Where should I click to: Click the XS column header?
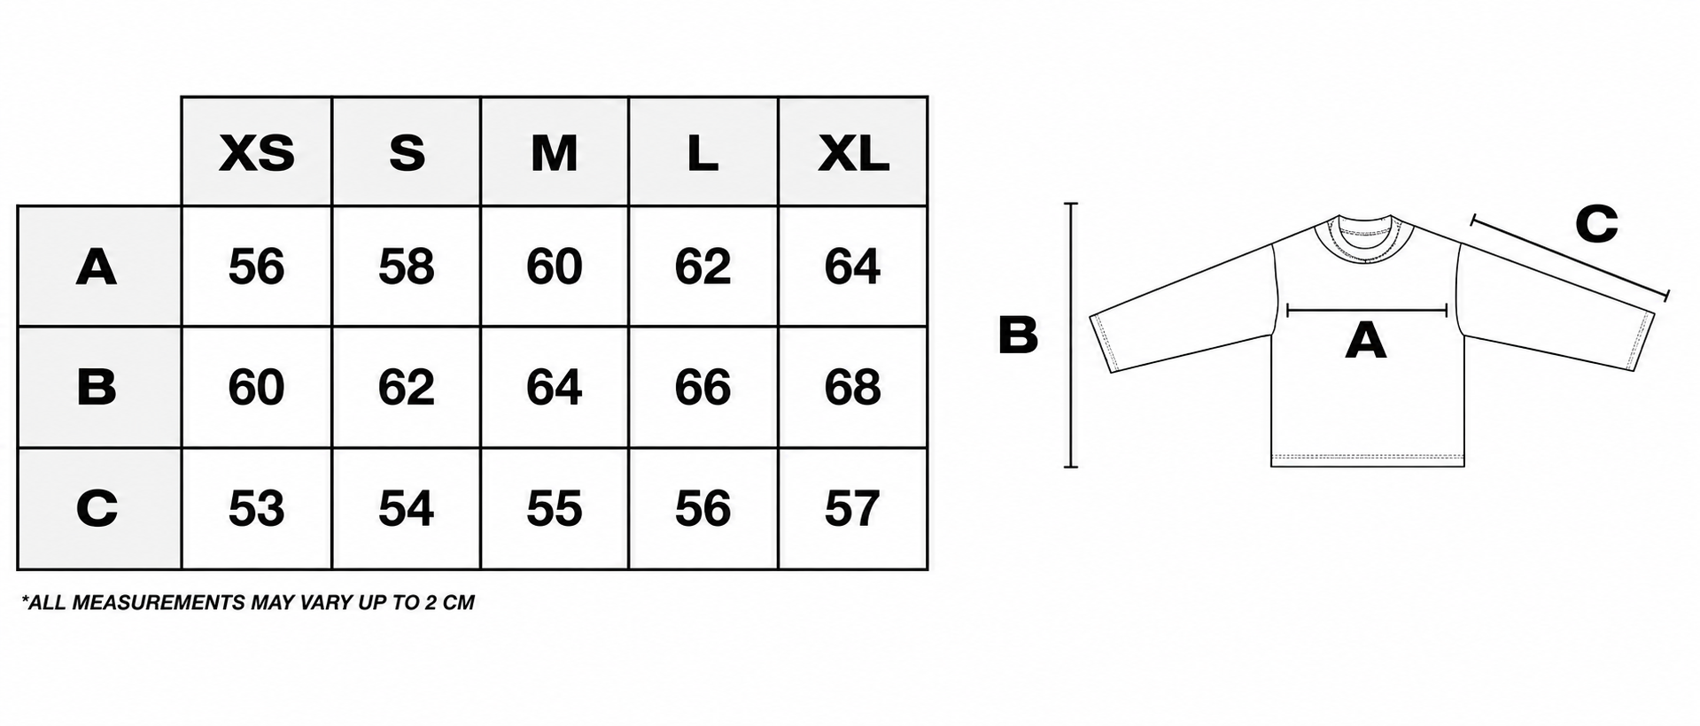257,153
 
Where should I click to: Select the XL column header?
853,153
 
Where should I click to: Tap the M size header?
555,153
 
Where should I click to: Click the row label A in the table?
97,266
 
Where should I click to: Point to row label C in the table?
97,508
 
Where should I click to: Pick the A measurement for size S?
406,266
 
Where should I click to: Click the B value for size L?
703,387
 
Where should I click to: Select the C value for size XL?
852,508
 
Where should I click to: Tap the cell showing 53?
257,508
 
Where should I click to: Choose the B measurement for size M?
555,387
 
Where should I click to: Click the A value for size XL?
852,266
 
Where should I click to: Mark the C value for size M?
555,508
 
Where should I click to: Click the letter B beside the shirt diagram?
1018,336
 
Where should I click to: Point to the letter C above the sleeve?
1596,224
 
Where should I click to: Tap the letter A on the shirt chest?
1365,340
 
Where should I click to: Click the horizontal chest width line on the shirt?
1366,310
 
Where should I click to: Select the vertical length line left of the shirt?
1071,335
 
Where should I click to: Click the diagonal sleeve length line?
1570,255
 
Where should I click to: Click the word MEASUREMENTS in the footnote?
158,603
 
